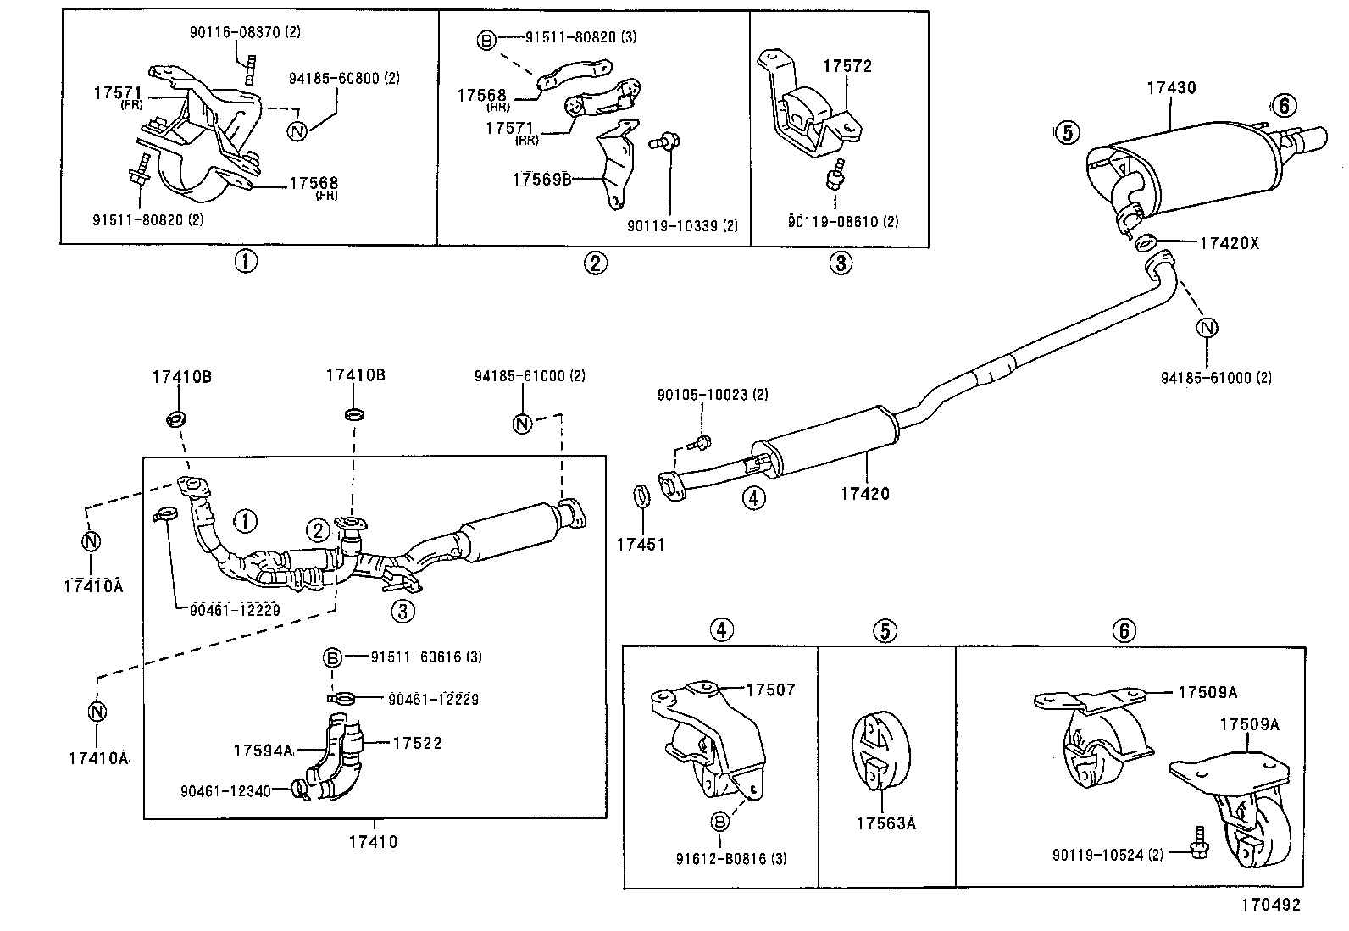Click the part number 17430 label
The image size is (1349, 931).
[x=1171, y=87]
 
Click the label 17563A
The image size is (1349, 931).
[x=885, y=823]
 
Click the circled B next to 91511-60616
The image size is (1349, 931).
[x=333, y=657]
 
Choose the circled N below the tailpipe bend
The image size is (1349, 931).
[x=1207, y=329]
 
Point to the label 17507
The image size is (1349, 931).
[x=771, y=690]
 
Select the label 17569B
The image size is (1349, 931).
[x=542, y=180]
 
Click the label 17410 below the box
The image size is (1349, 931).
[x=372, y=842]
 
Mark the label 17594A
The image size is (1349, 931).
[x=263, y=750]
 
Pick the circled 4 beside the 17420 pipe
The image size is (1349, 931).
[x=753, y=497]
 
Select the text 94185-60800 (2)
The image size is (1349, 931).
[x=344, y=78]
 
